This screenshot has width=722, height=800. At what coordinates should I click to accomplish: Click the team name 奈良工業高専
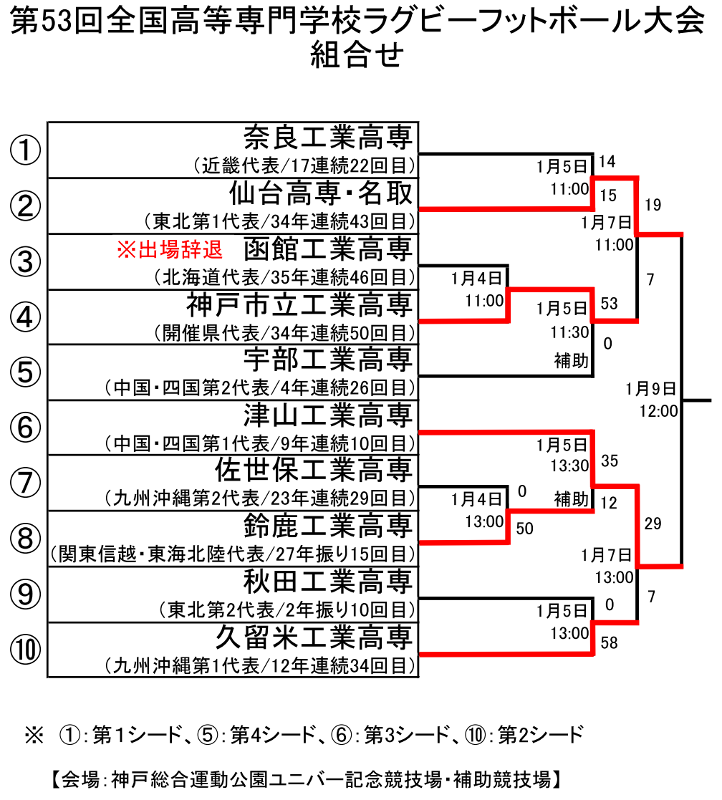(x=327, y=137)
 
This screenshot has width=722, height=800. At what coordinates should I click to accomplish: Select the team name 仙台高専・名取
(x=320, y=193)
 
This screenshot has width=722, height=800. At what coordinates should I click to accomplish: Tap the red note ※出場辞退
(x=170, y=249)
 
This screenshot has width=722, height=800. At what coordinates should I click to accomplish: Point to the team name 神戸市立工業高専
(x=299, y=304)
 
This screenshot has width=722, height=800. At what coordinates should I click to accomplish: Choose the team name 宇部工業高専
(x=327, y=360)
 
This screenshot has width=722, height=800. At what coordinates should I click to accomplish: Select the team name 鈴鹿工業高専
(x=327, y=525)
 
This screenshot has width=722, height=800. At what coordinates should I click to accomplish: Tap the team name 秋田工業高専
(x=327, y=581)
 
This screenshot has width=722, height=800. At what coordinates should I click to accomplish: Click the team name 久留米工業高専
(x=313, y=637)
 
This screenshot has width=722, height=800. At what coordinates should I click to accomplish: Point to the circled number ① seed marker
(x=26, y=150)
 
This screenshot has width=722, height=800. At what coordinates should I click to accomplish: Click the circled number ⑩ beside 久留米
(x=26, y=650)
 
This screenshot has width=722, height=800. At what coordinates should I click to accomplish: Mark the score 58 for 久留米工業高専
(x=610, y=643)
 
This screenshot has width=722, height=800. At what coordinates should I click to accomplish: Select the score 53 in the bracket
(x=610, y=304)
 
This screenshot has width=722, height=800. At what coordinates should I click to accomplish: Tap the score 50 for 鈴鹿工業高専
(x=524, y=529)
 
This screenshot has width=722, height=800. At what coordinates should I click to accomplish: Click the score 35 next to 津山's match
(x=610, y=461)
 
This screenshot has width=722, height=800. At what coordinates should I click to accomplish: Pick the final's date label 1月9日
(x=651, y=389)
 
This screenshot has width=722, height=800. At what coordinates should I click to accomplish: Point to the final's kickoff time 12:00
(x=659, y=411)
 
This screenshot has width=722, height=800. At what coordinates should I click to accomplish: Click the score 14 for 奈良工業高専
(x=607, y=162)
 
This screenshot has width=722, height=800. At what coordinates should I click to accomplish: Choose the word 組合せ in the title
(x=357, y=54)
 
